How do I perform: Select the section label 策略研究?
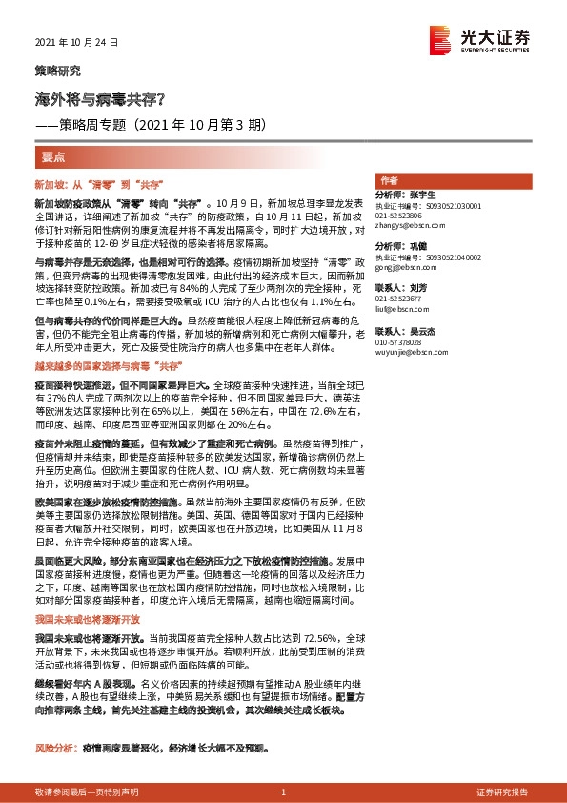[57, 71]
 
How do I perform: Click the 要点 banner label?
[54, 155]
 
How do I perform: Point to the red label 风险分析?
[54, 749]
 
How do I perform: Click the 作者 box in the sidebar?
[389, 180]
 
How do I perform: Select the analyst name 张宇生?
[422, 195]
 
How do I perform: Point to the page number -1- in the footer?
[282, 792]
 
